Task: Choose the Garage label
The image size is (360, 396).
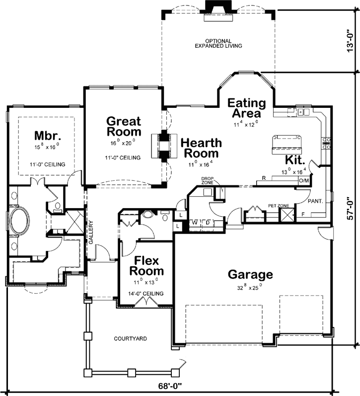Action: click(x=250, y=274)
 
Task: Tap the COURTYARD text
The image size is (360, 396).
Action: click(x=130, y=339)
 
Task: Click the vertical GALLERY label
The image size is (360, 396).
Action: click(x=91, y=233)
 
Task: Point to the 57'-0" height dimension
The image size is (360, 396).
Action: click(x=351, y=209)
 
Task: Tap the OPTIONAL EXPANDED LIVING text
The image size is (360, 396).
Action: click(x=218, y=43)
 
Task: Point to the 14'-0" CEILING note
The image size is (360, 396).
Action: click(x=146, y=294)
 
